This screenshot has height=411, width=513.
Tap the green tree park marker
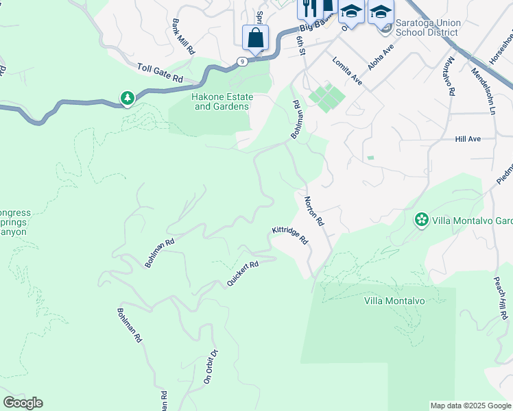point(127,99)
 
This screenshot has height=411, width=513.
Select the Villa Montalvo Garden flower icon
point(421,220)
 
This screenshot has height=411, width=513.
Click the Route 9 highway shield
point(241,62)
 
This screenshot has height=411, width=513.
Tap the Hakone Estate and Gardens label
point(223,102)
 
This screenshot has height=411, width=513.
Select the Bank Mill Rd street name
point(184,37)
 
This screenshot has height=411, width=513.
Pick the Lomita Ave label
point(347,71)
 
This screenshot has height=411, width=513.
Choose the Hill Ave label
point(468,139)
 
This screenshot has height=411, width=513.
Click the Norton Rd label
point(313,211)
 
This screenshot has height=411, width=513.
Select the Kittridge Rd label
point(290,236)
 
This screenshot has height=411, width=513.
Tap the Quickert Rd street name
point(243,274)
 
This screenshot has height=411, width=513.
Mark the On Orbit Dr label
point(210,366)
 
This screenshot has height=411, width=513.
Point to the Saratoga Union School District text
point(429,27)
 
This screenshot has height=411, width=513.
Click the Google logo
point(23,403)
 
